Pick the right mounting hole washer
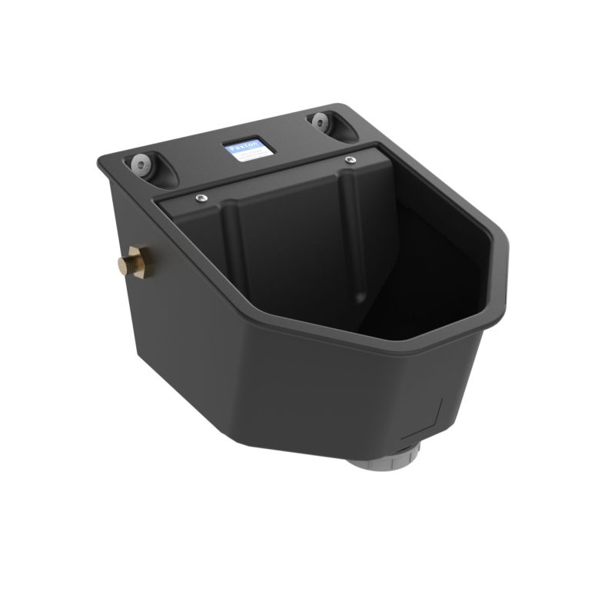(x=317, y=120)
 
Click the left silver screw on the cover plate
(x=198, y=197)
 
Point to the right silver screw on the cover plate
(x=351, y=159)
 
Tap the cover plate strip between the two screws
(x=273, y=178)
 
